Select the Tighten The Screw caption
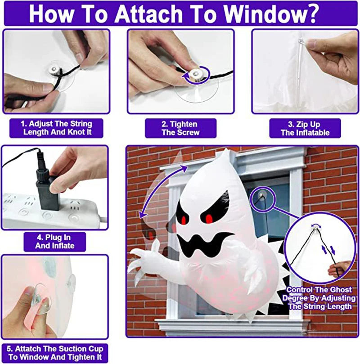click(180, 128)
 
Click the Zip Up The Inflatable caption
click(305, 128)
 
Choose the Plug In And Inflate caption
click(55, 242)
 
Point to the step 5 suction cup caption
click(55, 353)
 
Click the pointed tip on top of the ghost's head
click(224, 154)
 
